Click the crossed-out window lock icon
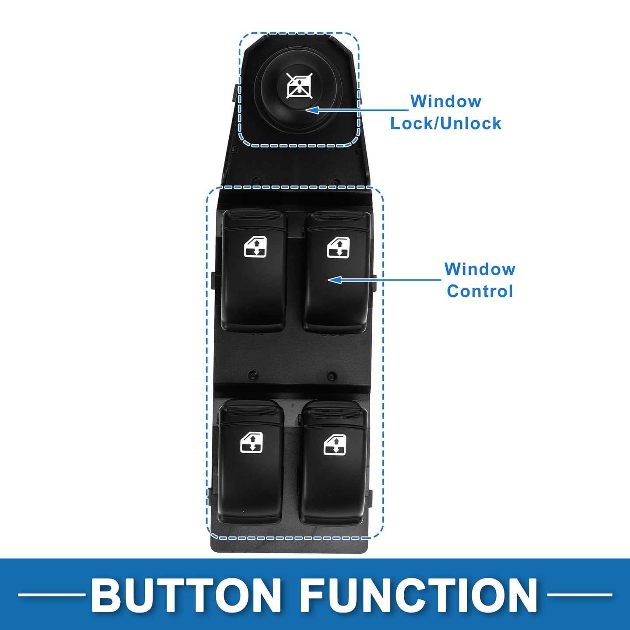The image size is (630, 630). click(x=300, y=86)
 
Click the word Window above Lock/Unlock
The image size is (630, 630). click(x=446, y=101)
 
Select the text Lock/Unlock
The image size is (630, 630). click(x=446, y=123)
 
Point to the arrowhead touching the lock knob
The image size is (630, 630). click(x=312, y=110)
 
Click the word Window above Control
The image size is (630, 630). click(x=479, y=269)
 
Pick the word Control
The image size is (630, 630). click(x=479, y=291)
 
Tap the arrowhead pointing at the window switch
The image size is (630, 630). click(x=334, y=280)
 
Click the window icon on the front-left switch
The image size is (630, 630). click(x=255, y=247)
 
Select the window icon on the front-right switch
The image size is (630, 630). click(x=338, y=247)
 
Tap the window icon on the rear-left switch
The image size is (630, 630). click(x=252, y=443)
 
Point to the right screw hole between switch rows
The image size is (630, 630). click(x=332, y=376)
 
